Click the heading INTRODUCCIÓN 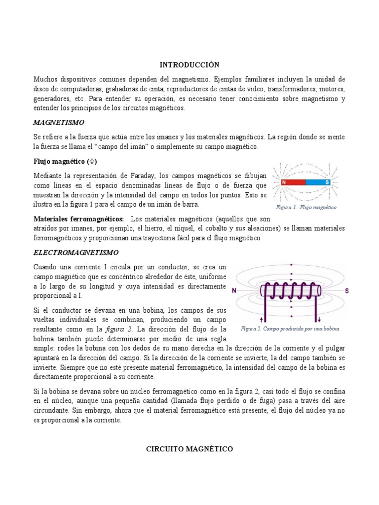(x=189, y=65)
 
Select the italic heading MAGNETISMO (x=59, y=122)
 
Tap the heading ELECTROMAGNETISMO (x=76, y=252)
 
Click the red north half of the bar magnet (x=293, y=182)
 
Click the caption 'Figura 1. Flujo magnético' (x=306, y=208)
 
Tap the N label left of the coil (x=234, y=291)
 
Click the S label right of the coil (x=346, y=291)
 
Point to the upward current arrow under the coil (x=267, y=316)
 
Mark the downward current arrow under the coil (x=318, y=316)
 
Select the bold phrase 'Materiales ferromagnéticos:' (x=78, y=218)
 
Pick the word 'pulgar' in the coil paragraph (x=335, y=348)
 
